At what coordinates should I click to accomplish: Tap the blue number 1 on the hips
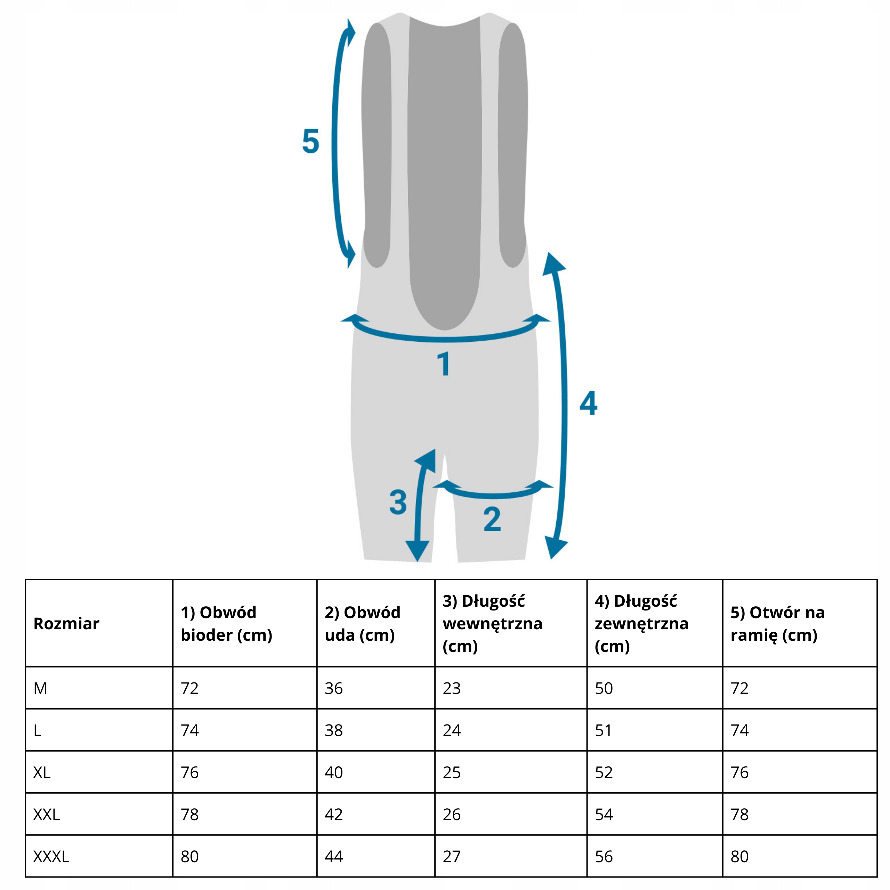[444, 364]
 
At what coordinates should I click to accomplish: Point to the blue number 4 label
[588, 404]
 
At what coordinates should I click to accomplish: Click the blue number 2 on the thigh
[492, 520]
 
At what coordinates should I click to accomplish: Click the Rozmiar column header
[66, 624]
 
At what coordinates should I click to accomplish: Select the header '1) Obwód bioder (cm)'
[227, 624]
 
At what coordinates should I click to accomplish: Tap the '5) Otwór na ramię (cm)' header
[778, 624]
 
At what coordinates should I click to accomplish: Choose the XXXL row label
[51, 856]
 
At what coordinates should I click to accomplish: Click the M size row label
[41, 688]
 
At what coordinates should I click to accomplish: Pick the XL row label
[42, 772]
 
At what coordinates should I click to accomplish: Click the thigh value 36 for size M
[333, 688]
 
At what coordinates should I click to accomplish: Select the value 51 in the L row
[604, 730]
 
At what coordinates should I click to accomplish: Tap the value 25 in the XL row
[452, 772]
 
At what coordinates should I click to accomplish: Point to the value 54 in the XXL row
[604, 815]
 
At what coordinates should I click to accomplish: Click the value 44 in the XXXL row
[333, 856]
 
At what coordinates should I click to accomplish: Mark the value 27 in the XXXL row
[452, 856]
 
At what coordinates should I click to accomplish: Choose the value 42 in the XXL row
[333, 815]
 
